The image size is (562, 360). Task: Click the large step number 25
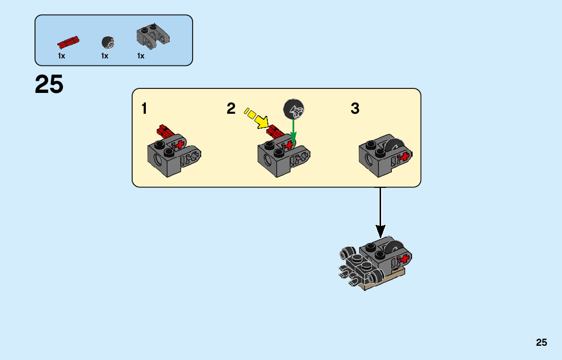pos(49,84)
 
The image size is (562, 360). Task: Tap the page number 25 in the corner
pos(541,342)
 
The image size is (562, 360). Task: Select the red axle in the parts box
pos(68,41)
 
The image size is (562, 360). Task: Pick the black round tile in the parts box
pos(107,42)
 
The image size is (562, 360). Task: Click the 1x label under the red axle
pos(61,56)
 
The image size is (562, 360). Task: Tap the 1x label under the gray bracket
pos(141,56)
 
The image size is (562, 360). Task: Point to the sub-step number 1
pos(145,109)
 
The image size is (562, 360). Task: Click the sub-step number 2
pos(231,108)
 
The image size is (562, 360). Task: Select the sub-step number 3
pos(355,109)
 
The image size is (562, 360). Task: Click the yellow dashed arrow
pos(257,117)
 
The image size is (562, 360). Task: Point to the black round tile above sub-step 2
pos(294,109)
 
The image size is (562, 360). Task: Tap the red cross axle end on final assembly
pos(405,259)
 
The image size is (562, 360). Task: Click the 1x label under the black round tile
pos(105,56)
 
